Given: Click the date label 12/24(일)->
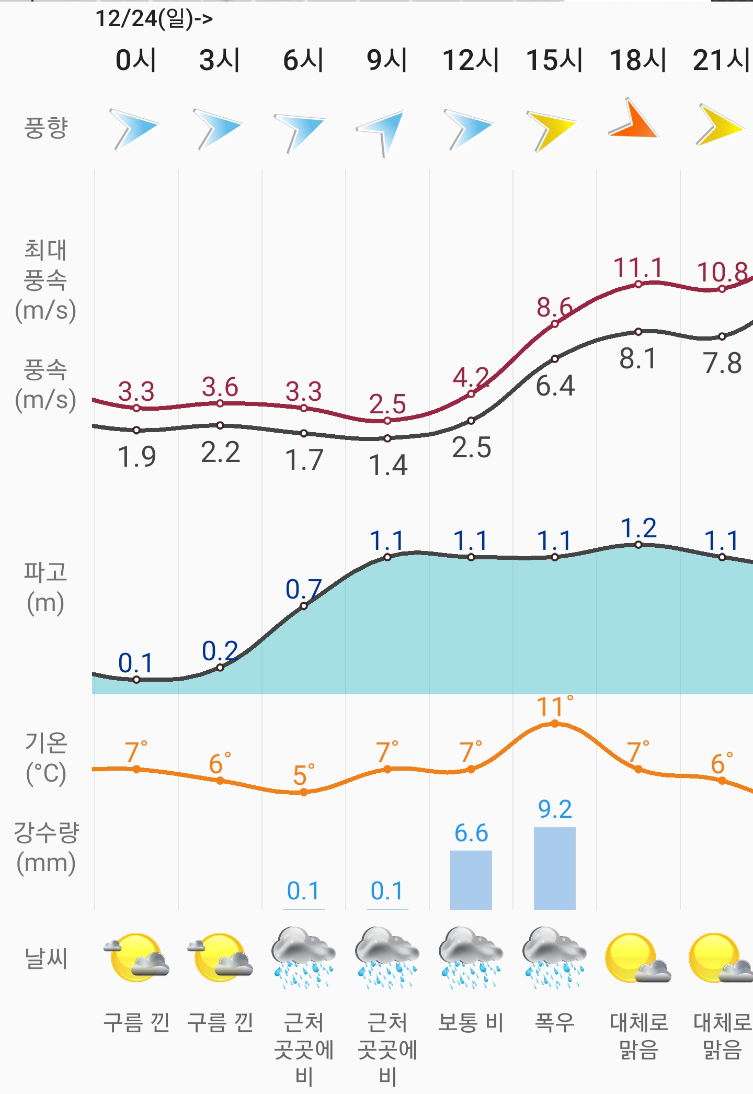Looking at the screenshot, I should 154,19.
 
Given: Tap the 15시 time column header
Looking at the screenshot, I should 554,60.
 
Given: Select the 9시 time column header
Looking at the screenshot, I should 387,60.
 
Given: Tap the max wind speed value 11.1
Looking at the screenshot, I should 638,268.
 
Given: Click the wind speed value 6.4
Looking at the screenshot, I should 555,386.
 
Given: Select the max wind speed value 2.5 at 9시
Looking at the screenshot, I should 387,404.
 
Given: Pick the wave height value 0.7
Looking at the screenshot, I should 304,589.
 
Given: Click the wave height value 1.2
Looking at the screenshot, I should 638,528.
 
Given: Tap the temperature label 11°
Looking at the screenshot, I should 554,707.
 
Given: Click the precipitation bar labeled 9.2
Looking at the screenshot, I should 555,868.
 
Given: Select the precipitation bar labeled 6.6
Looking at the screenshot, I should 471,880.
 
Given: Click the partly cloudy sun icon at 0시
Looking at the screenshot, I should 136,957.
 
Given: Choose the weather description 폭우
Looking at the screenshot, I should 555,1022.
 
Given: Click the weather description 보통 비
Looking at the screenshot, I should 471,1022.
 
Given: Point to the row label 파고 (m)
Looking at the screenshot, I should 45,587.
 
